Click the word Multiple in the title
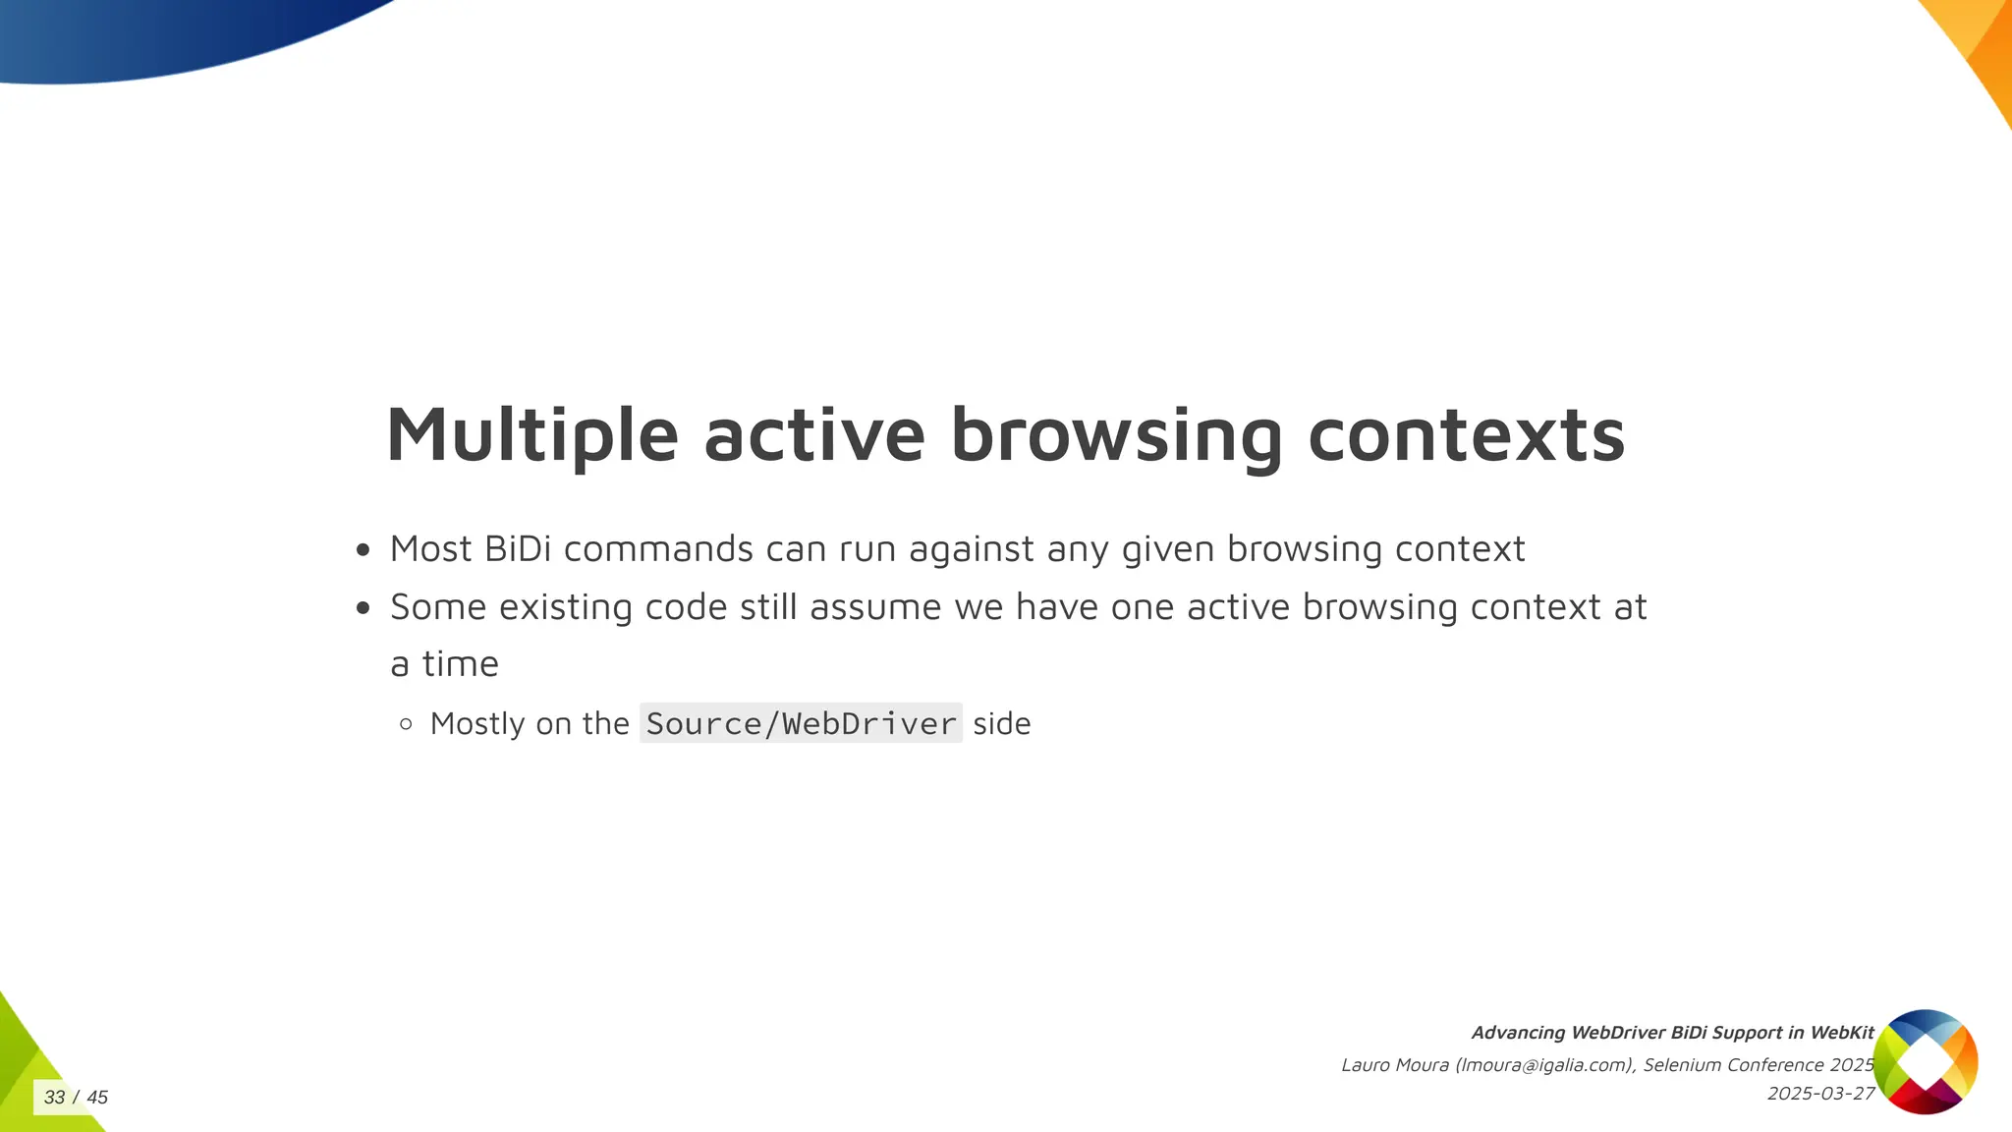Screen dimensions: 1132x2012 531,435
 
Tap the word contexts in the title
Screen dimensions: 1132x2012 1466,435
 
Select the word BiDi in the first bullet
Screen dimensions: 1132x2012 518,549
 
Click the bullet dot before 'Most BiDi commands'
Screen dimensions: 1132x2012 363,550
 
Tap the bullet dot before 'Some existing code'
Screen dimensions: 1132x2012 363,608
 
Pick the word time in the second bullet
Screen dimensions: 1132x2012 460,664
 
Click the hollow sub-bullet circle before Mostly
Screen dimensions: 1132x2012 406,725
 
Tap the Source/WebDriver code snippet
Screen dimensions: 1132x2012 801,724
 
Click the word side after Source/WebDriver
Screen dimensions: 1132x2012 1001,724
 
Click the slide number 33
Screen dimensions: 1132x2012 54,1097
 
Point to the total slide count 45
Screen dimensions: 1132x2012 97,1097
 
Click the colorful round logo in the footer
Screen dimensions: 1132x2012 1925,1061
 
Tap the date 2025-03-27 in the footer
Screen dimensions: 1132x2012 1820,1094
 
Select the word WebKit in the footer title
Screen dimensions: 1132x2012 1842,1033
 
